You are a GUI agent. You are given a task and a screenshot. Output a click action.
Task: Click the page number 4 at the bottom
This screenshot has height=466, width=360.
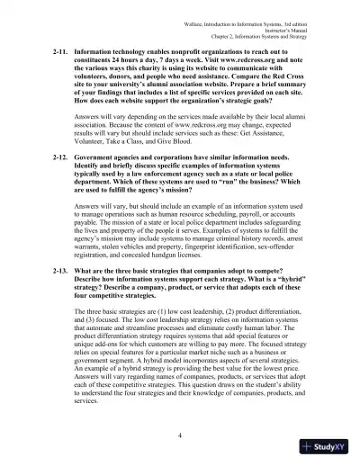(x=180, y=435)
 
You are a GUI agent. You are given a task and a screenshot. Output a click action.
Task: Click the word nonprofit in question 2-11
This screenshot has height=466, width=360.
(x=170, y=54)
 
